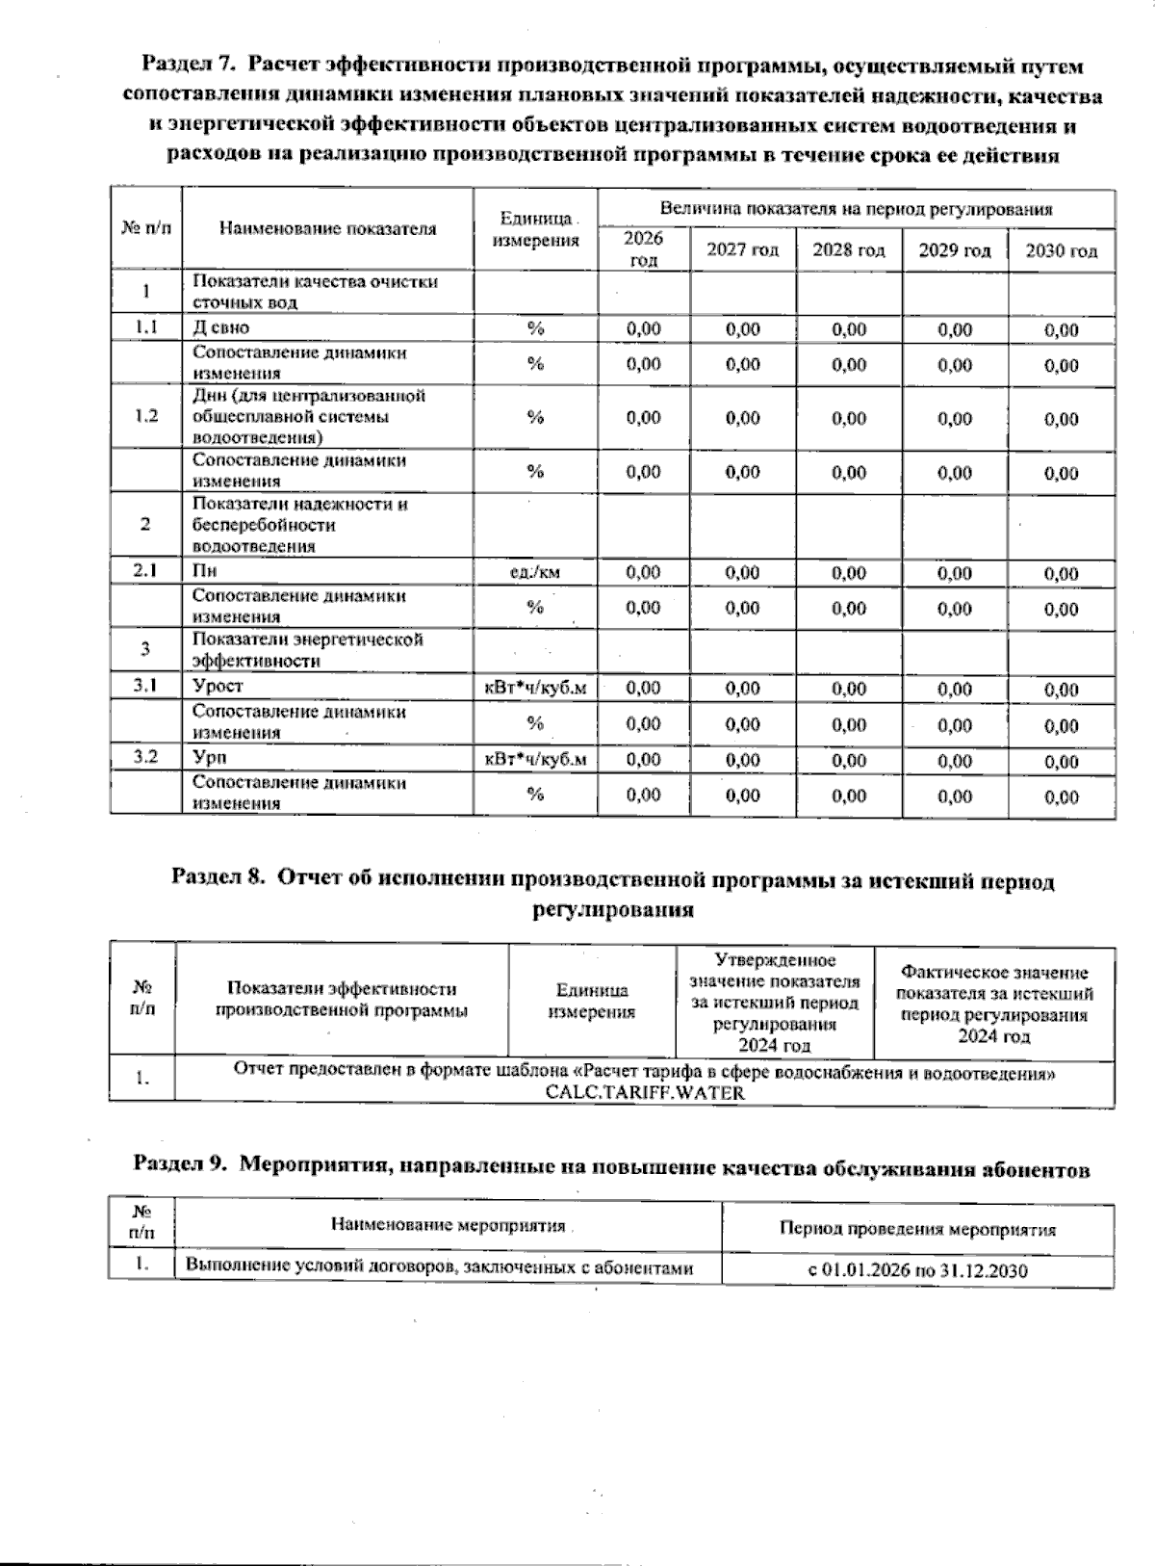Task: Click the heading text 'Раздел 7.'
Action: pyautogui.click(x=187, y=66)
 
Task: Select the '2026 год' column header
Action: pyautogui.click(x=643, y=249)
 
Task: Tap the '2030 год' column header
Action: pyautogui.click(x=1061, y=251)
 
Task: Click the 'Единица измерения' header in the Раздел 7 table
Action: pyautogui.click(x=535, y=230)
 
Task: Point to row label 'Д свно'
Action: pyautogui.click(x=221, y=327)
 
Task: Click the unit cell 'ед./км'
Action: pyautogui.click(x=535, y=572)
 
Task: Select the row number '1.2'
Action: pyautogui.click(x=146, y=416)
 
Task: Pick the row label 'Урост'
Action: pyautogui.click(x=218, y=686)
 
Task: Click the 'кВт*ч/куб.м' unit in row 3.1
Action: pyautogui.click(x=535, y=688)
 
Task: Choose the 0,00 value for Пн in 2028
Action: pyautogui.click(x=849, y=574)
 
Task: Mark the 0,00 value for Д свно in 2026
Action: pyautogui.click(x=643, y=329)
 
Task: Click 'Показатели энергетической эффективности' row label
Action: pyautogui.click(x=308, y=650)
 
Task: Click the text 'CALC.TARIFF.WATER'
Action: pyautogui.click(x=645, y=1093)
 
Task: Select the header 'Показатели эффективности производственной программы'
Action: pyautogui.click(x=342, y=1000)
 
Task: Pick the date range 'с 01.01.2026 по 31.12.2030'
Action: pyautogui.click(x=917, y=1270)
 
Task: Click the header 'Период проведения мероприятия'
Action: pyautogui.click(x=917, y=1230)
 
